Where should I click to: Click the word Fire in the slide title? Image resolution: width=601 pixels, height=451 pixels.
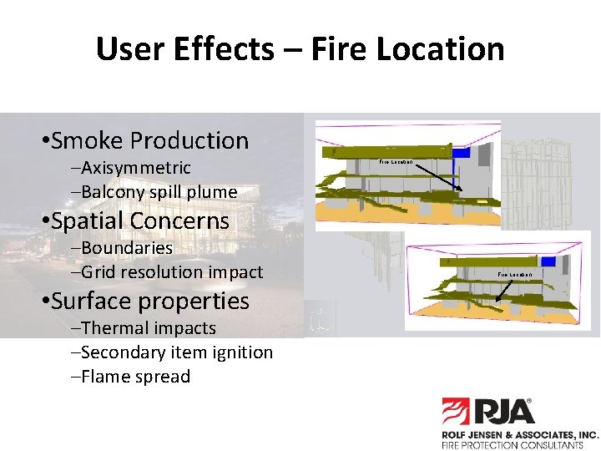340,49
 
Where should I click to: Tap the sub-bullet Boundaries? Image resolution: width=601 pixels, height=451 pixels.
127,248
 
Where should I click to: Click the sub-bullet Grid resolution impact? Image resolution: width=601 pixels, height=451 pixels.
172,272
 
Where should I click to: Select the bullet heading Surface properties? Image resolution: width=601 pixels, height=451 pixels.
149,301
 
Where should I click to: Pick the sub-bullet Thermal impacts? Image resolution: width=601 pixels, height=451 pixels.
149,328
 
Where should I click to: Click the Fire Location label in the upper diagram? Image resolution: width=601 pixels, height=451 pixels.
396,161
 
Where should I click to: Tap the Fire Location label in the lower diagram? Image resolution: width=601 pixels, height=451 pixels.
514,274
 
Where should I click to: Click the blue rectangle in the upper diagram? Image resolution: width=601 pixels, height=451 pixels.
462,151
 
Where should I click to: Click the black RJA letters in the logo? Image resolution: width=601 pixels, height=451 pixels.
505,412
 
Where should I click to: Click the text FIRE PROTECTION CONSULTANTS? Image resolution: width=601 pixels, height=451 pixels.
512,445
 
